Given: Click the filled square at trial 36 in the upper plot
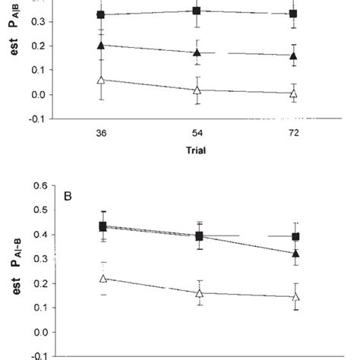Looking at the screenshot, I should (x=102, y=14).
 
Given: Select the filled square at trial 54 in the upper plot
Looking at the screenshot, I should (x=197, y=11).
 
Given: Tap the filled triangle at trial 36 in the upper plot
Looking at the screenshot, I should (x=102, y=46).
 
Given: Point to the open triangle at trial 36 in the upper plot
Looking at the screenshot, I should (x=102, y=80).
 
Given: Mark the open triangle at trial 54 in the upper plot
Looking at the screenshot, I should (x=197, y=90).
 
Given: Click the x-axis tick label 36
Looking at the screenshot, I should (x=102, y=132).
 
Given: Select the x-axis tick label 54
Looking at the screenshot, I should (x=197, y=132).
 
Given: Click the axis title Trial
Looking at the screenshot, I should (x=197, y=150).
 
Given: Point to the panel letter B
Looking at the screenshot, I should (x=89, y=196).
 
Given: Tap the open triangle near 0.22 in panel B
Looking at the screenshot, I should (x=102, y=279).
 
